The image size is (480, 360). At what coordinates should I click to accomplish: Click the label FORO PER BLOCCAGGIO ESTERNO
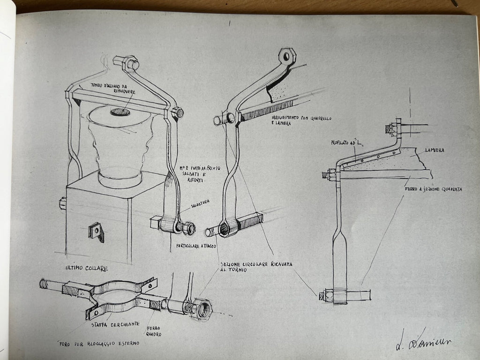(x=99, y=343)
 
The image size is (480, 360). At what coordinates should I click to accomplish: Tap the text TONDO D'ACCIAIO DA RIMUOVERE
(x=112, y=89)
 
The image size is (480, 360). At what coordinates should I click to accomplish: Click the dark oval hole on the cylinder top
(x=120, y=112)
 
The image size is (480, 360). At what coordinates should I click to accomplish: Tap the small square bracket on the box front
(x=97, y=231)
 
